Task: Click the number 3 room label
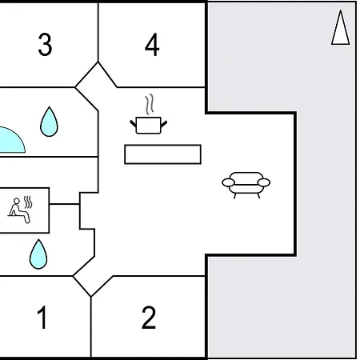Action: coord(45,44)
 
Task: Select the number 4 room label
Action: coord(152,45)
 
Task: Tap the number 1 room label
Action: coord(42,317)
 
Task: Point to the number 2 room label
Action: coord(149,317)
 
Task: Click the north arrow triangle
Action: coord(340,28)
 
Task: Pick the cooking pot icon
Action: coord(148,125)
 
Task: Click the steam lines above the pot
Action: coord(150,104)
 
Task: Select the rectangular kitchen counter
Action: coord(162,154)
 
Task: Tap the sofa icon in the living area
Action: coord(246,185)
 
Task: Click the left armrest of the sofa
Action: coord(228,182)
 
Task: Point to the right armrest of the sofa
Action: coord(264,182)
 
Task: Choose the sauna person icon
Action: coord(18,210)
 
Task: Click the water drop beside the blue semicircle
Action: coord(49,122)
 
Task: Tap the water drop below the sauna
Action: coord(38,254)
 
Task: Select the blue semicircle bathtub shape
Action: coord(12,140)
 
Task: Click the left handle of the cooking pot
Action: coord(133,123)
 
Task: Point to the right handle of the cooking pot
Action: coord(164,124)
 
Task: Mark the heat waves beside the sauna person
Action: coord(28,202)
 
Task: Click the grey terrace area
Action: coord(326,186)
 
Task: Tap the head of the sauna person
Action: coord(17,201)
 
